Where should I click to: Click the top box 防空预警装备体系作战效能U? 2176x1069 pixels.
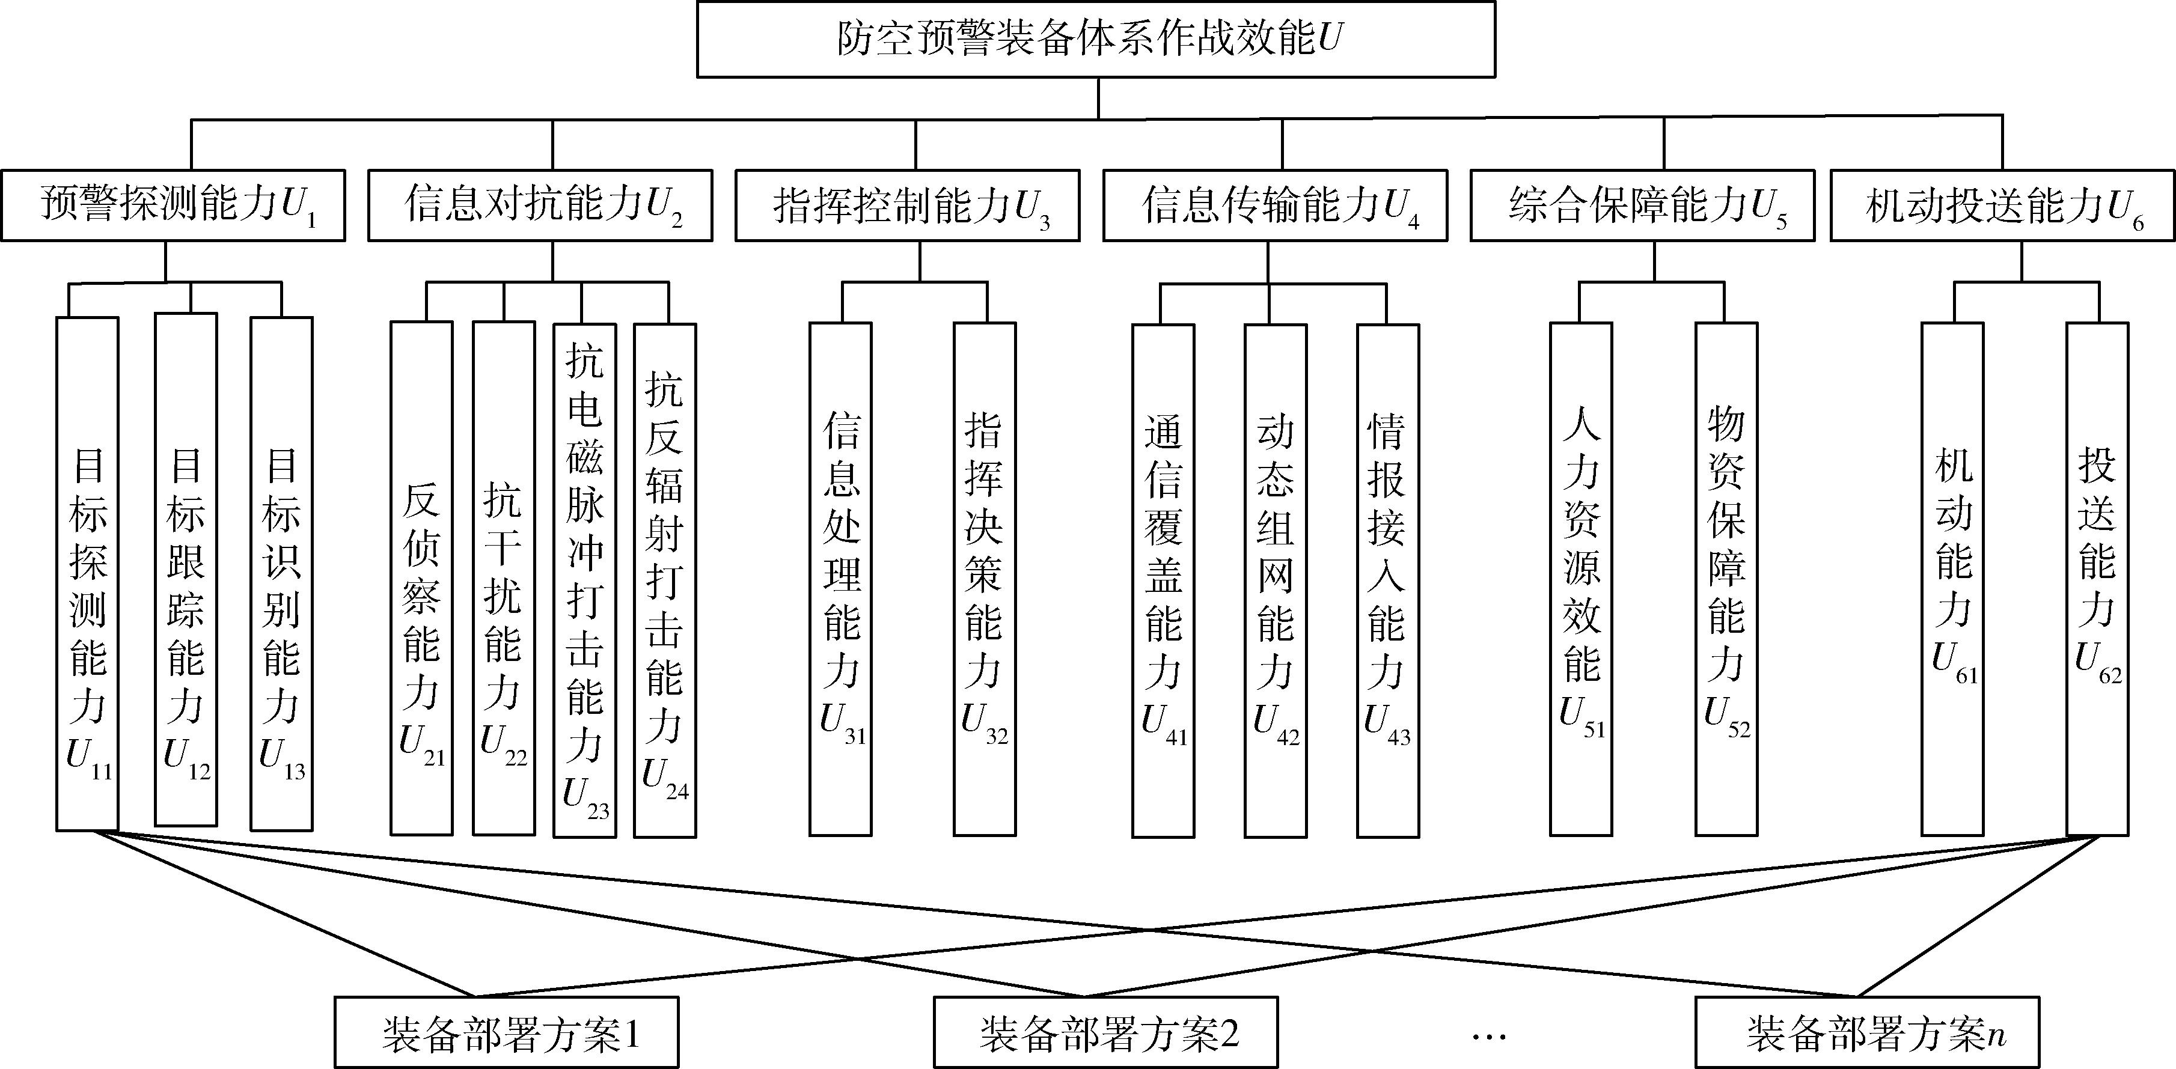pyautogui.click(x=1096, y=40)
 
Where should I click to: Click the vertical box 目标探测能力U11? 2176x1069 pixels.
pyautogui.click(x=87, y=574)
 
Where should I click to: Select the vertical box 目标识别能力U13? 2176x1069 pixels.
pyautogui.click(x=281, y=574)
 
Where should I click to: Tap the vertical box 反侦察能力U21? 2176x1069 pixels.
pyautogui.click(x=421, y=579)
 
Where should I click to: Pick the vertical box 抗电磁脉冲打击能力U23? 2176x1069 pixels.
pyautogui.click(x=584, y=581)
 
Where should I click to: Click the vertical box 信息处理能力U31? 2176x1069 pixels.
pyautogui.click(x=840, y=579)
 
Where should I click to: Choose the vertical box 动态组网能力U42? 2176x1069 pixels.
pyautogui.click(x=1276, y=581)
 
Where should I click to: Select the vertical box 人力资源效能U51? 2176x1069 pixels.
pyautogui.click(x=1582, y=579)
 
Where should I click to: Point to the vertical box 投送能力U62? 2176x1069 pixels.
pyautogui.click(x=2097, y=579)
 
